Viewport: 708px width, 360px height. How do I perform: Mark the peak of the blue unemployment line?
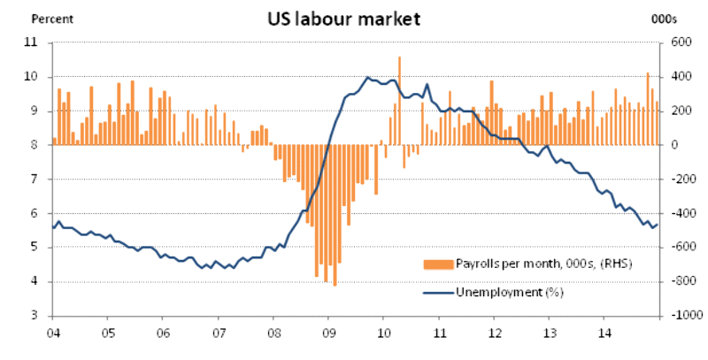[367, 78]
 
